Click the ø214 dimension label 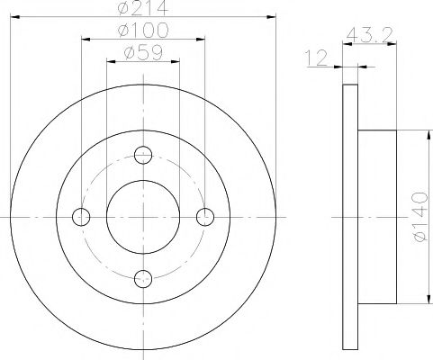pos(143,7)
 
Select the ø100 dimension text pos(143,30)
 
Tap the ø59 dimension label pos(143,53)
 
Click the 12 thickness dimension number pos(316,58)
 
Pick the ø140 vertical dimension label pos(419,217)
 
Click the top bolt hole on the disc pos(143,155)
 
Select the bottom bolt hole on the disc pos(143,279)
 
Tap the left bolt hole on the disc pos(81,217)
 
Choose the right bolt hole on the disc pos(205,217)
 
